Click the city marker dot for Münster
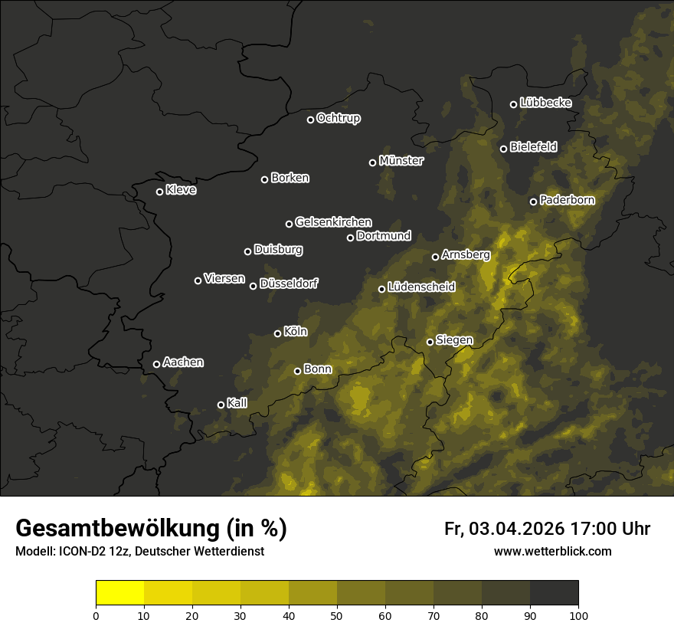pos(373,162)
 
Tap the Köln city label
pos(295,332)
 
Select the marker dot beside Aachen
pos(157,364)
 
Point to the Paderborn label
pos(567,200)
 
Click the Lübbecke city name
pos(545,103)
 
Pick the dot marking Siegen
pos(430,342)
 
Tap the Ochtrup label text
pos(338,118)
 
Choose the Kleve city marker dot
pos(160,192)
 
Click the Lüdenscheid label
pos(421,287)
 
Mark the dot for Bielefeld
pos(504,149)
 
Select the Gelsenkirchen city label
pos(333,222)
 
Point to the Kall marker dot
pos(221,405)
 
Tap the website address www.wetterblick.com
pos(553,552)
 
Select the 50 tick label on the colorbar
pos(337,615)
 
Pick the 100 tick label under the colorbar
pos(578,615)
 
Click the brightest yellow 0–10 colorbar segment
pos(120,593)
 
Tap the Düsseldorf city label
pos(289,284)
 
